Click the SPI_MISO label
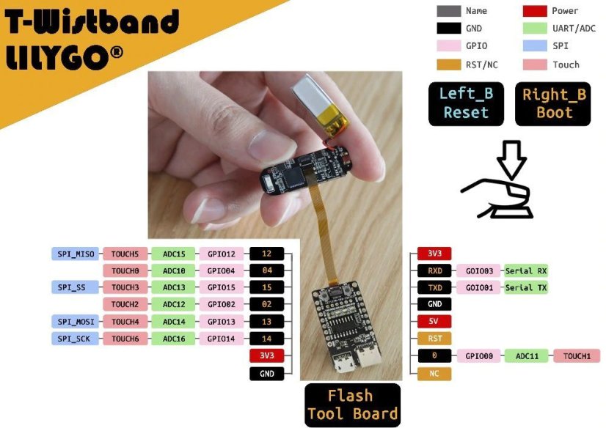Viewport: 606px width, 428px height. click(74, 254)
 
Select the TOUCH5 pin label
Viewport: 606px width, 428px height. click(125, 254)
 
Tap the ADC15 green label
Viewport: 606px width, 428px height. click(173, 254)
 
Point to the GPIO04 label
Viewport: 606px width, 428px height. click(221, 271)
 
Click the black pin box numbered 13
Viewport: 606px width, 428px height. click(266, 322)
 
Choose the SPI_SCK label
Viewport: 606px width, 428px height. click(74, 339)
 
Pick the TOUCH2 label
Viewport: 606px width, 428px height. click(125, 305)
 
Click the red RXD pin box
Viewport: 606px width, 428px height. click(434, 270)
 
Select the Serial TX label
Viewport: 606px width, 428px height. click(526, 287)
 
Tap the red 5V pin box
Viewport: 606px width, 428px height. click(434, 321)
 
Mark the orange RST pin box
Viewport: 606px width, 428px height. click(434, 338)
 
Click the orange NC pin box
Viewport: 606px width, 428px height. click(434, 374)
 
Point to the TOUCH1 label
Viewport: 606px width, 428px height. click(577, 356)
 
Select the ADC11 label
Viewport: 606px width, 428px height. click(528, 356)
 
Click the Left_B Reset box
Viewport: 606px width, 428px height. click(466, 104)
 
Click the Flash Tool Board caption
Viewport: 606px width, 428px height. click(352, 405)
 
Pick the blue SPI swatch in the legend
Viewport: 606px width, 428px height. click(533, 46)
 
